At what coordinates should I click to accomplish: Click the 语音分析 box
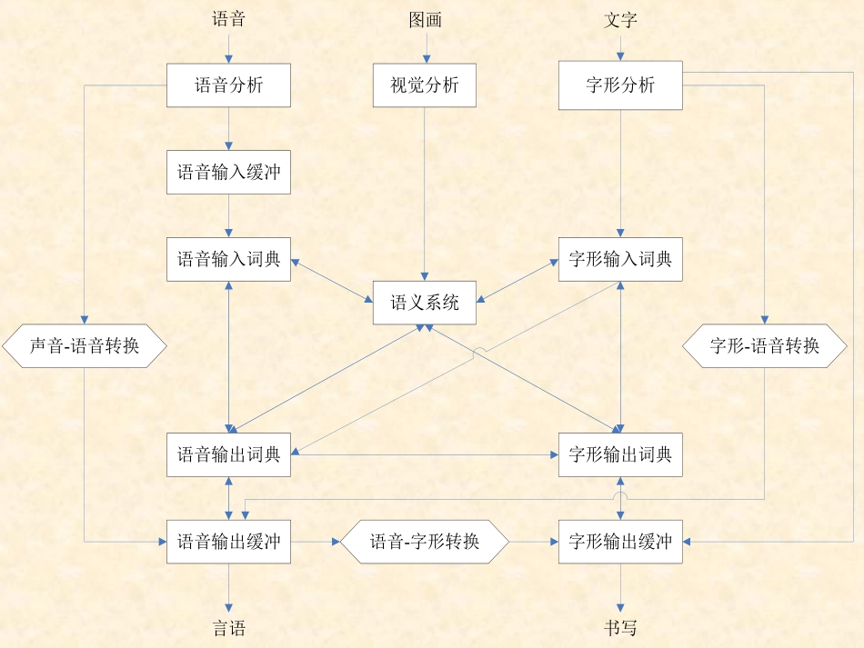point(228,85)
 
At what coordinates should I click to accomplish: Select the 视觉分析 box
point(425,85)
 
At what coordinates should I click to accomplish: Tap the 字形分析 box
point(620,85)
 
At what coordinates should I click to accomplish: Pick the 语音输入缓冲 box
point(228,172)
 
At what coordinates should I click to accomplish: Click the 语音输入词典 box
point(228,259)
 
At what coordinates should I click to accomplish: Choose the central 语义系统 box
point(425,303)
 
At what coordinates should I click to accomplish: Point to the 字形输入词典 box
point(620,259)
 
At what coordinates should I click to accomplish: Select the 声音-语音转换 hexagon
point(85,345)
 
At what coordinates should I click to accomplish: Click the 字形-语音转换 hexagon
point(764,345)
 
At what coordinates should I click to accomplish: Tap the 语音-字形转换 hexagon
point(425,542)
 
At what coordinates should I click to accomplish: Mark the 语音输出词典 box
point(228,454)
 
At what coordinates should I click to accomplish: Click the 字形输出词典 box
point(620,454)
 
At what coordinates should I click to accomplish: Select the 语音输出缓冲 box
point(228,542)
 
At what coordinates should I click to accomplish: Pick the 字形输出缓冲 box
point(620,542)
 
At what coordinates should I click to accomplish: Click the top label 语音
point(228,19)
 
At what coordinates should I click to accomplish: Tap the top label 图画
point(425,19)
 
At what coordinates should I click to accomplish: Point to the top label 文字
point(620,19)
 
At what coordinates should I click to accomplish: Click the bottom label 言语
point(228,628)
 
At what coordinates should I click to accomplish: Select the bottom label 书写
point(620,628)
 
